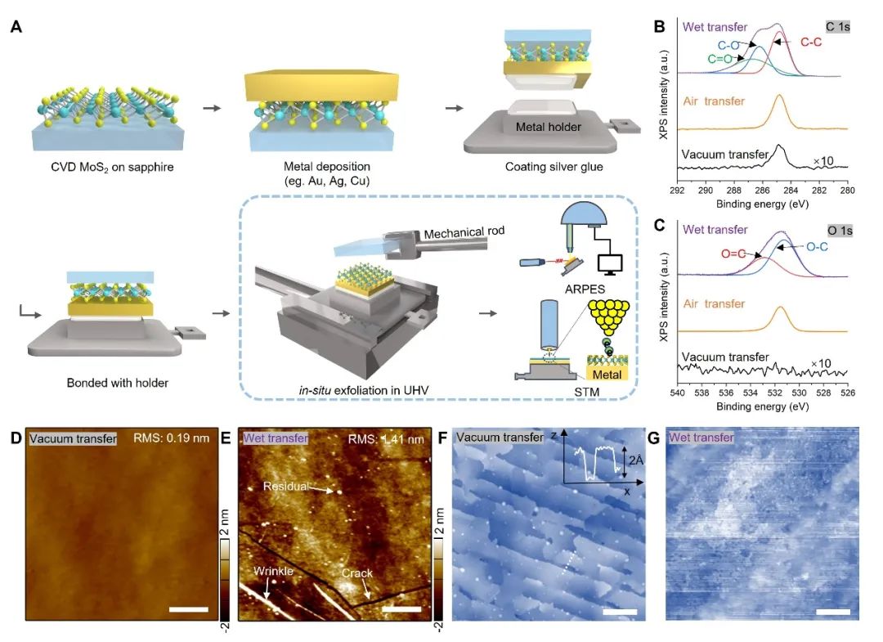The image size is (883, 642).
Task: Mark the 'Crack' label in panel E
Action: point(356,574)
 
